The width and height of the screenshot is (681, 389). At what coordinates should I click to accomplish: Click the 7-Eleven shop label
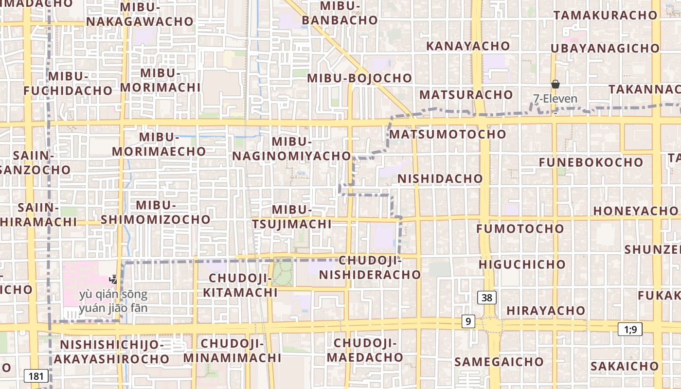556,99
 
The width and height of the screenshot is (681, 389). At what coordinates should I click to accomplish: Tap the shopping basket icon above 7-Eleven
556,85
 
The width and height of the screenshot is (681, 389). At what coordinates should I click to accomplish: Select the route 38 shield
487,298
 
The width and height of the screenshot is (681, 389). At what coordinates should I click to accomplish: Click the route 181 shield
36,376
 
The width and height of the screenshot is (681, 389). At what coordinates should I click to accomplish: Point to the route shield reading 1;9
630,329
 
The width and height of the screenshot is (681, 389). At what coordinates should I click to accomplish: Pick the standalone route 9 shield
468,321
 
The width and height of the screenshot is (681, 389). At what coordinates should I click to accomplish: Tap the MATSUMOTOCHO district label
448,134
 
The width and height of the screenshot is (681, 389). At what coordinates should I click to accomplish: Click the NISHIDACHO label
440,178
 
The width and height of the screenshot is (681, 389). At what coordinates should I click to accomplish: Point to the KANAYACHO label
468,46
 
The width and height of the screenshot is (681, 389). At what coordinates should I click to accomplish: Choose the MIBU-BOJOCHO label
359,78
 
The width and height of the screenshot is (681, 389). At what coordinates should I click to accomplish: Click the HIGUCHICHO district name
522,265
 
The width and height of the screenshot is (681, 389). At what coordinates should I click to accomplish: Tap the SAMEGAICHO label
499,362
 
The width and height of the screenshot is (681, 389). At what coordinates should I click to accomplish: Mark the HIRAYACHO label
546,310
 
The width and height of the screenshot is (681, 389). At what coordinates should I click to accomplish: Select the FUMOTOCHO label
520,229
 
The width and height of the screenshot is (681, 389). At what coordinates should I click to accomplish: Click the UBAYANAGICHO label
605,48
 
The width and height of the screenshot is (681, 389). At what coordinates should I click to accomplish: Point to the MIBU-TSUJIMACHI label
292,217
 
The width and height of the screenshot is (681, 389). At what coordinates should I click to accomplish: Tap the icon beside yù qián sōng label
113,280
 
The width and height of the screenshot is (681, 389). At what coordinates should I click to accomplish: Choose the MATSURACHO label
466,94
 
